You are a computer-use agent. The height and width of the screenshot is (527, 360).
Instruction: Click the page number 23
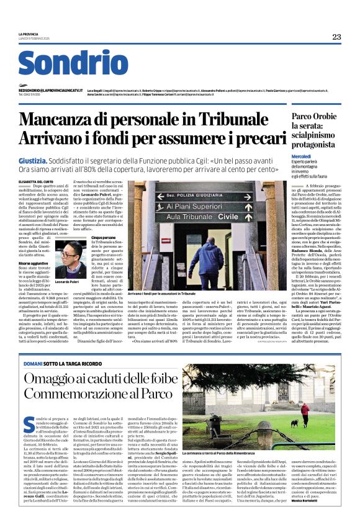click(336, 37)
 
